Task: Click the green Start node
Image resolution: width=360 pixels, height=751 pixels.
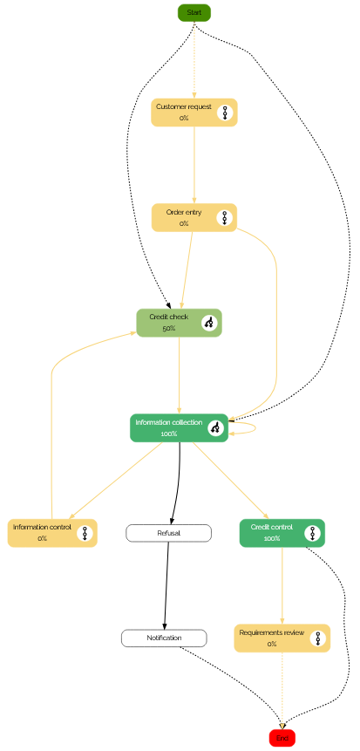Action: point(194,12)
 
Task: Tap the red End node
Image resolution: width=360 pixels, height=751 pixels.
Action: point(282,738)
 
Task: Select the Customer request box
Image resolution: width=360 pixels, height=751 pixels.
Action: point(194,113)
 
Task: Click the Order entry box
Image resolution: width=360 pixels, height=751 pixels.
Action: point(194,217)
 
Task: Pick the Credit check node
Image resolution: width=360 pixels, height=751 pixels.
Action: point(179,323)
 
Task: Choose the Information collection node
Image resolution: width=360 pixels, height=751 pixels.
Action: point(179,427)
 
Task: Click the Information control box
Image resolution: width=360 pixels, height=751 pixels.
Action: point(52,533)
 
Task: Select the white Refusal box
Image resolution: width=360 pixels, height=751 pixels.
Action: point(168,533)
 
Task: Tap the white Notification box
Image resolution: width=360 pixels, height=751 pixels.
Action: point(164,638)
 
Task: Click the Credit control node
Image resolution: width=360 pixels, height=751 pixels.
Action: point(282,533)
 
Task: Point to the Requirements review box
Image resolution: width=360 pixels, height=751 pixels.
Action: point(282,638)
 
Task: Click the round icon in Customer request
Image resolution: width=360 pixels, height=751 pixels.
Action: point(225,113)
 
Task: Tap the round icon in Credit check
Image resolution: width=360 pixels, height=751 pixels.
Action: point(209,323)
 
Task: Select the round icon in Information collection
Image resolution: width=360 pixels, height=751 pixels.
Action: point(215,427)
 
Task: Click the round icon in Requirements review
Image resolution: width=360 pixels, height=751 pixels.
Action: point(317,638)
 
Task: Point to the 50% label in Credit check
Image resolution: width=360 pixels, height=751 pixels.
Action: point(168,329)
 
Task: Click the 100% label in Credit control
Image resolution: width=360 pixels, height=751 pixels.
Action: point(271,539)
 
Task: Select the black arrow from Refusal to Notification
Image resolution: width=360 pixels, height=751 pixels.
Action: point(166,586)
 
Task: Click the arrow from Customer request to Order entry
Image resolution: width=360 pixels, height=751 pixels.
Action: point(194,165)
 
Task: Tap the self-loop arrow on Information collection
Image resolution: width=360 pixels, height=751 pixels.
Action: point(256,427)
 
